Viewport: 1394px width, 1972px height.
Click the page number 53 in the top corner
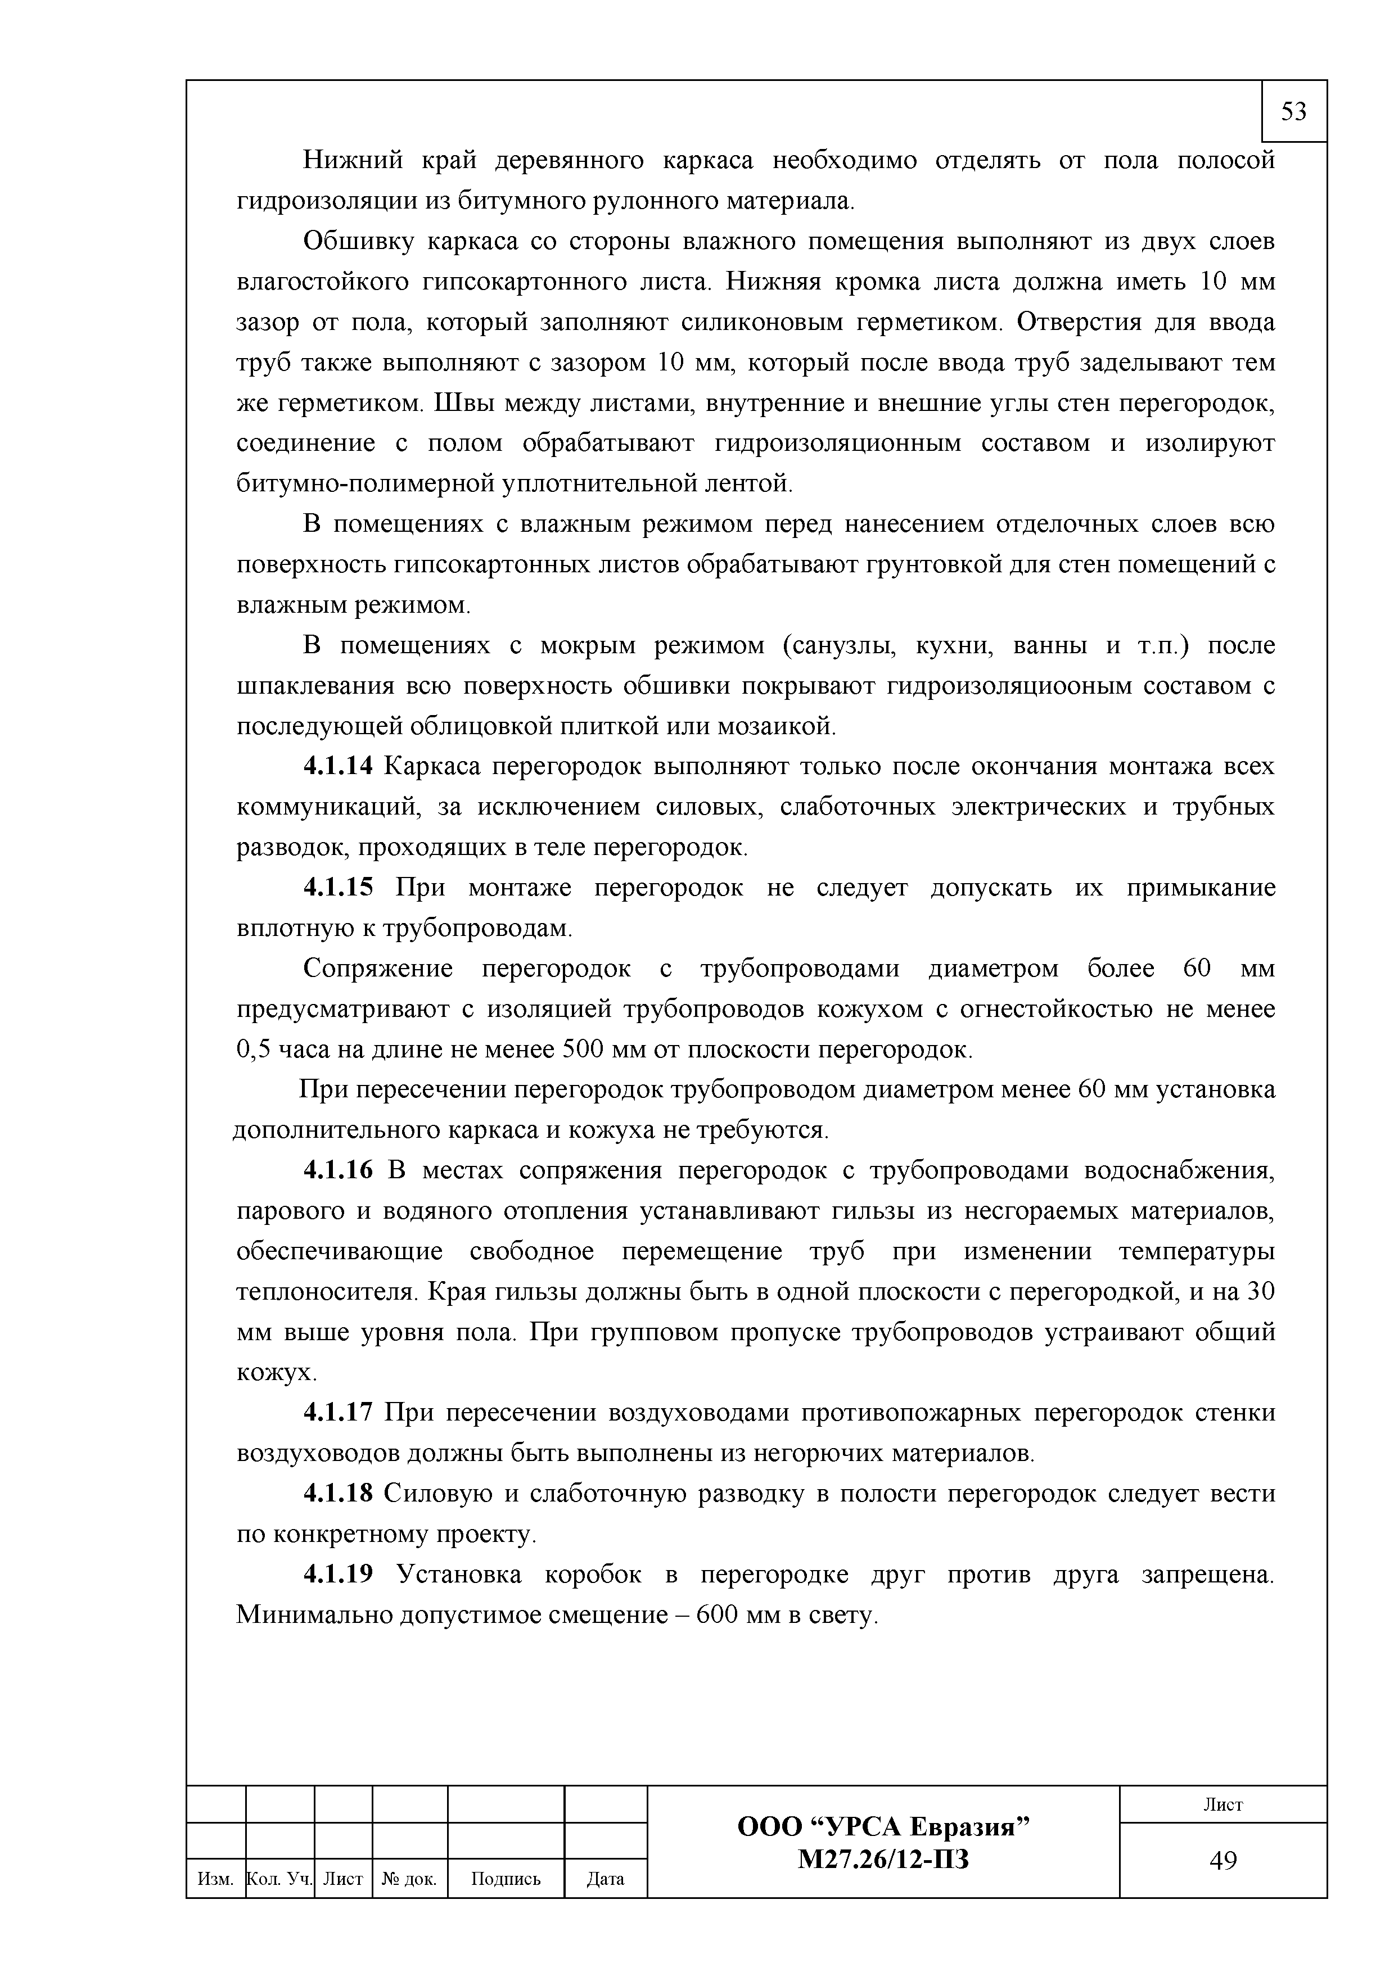(1293, 112)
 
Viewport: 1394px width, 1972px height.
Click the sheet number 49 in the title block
(1222, 1860)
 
